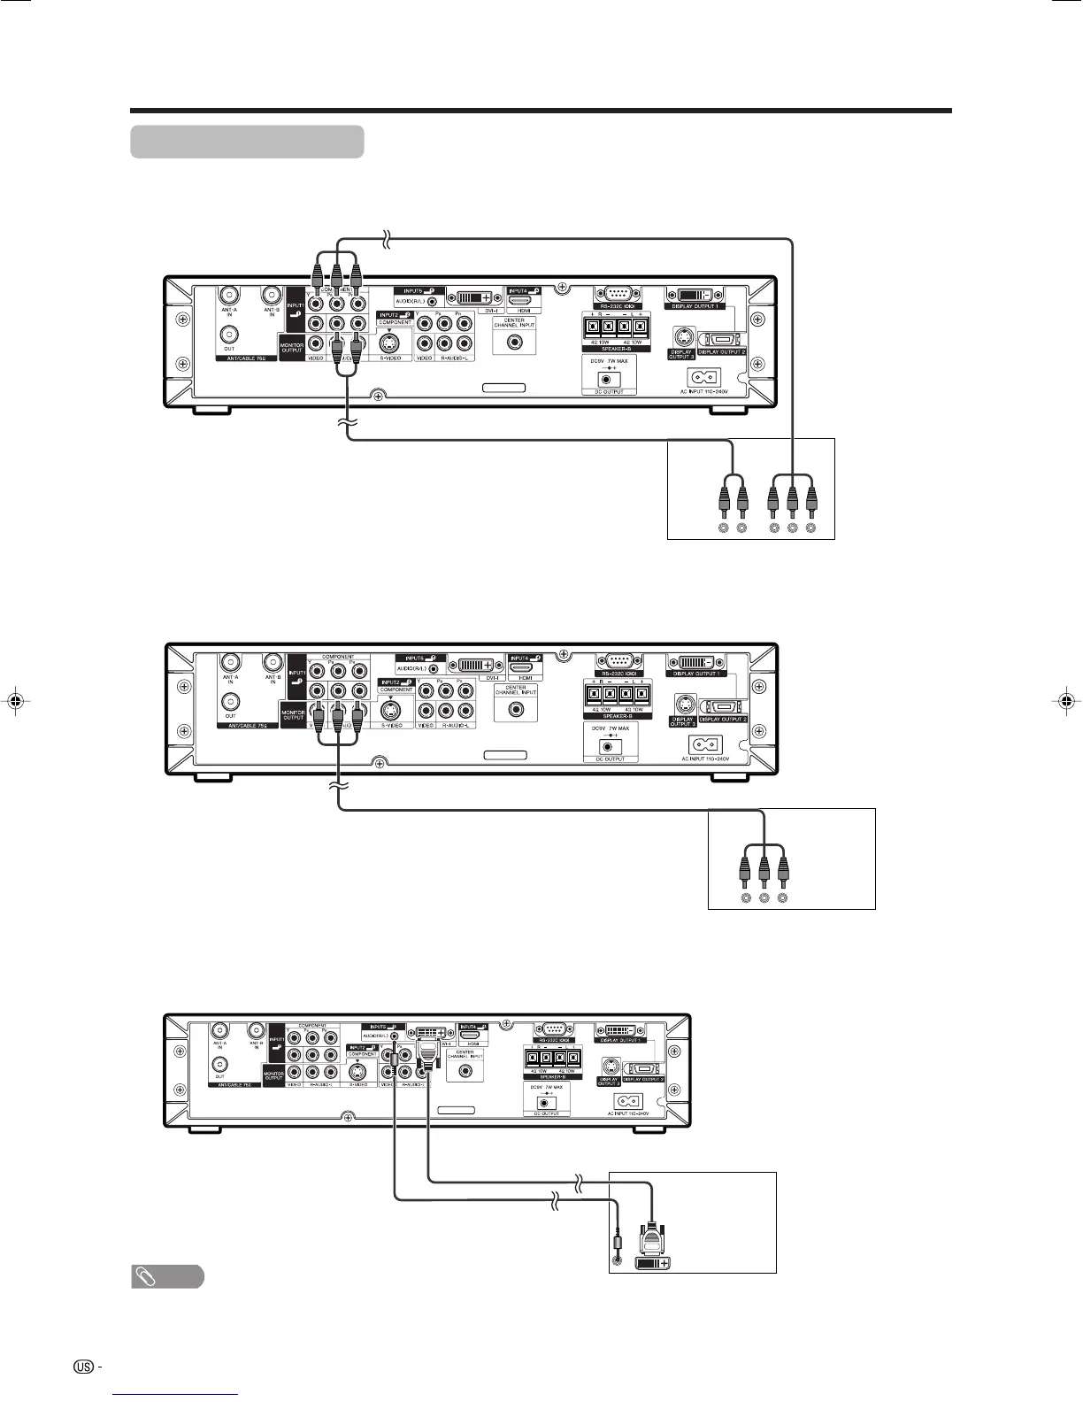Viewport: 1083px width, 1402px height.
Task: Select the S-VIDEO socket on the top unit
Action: [x=389, y=343]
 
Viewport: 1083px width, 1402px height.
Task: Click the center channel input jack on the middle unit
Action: [x=515, y=708]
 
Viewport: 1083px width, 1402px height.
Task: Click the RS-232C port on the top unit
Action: [x=612, y=295]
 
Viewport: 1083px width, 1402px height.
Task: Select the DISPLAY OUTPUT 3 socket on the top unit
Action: [x=682, y=337]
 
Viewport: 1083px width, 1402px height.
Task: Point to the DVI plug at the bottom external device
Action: [x=652, y=1235]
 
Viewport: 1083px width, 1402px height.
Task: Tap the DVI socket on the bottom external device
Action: [x=653, y=1262]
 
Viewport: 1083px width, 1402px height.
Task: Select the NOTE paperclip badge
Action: [x=167, y=1276]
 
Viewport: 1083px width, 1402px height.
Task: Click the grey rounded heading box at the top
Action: [x=247, y=142]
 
